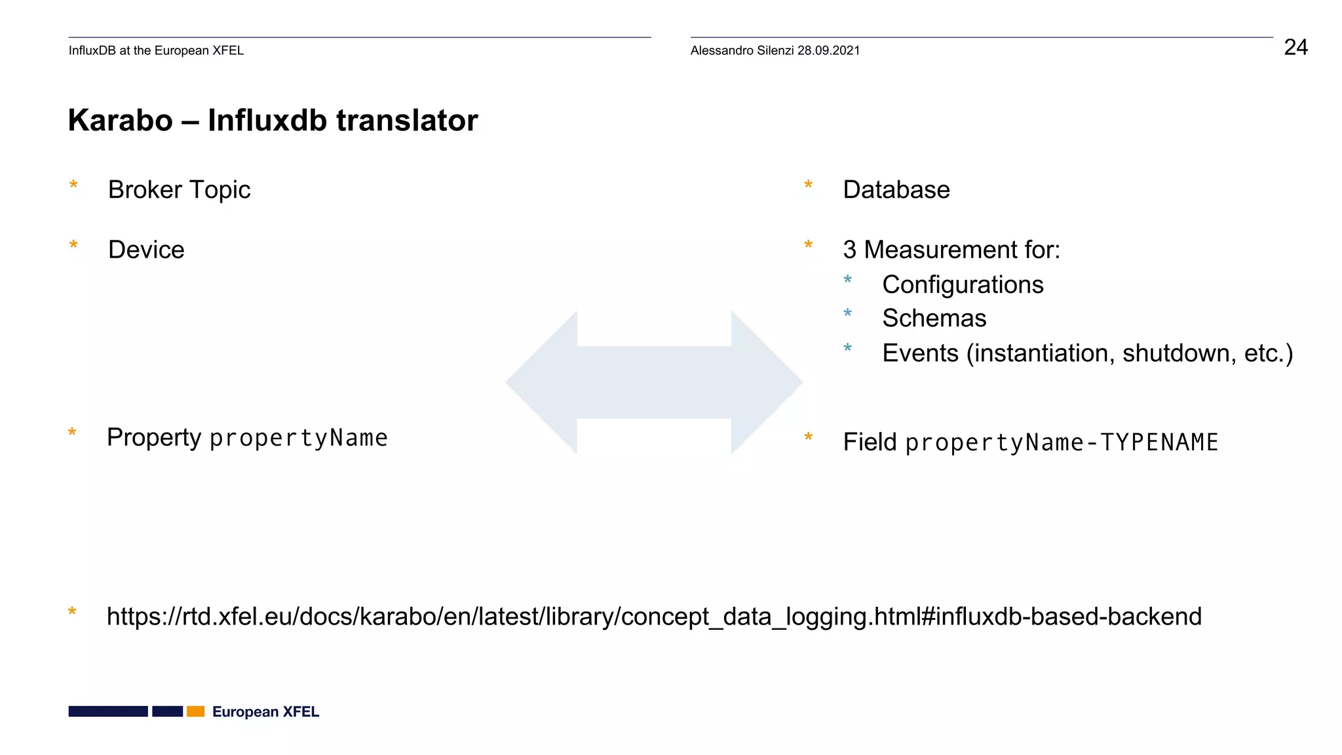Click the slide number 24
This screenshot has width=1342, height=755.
(1295, 47)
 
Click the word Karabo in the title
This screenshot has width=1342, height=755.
(121, 121)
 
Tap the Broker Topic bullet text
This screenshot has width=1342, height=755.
(179, 190)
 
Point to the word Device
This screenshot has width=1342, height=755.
(146, 250)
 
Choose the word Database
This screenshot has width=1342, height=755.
(896, 190)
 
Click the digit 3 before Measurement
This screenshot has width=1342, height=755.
(849, 250)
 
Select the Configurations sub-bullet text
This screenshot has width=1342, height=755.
(963, 285)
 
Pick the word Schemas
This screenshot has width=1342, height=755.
(934, 319)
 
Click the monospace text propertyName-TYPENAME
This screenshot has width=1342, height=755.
(1062, 443)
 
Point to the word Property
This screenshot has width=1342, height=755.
(154, 438)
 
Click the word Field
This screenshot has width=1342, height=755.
(870, 442)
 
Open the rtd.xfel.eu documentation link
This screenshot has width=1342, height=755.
(654, 617)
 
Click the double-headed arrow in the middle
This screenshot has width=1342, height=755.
(654, 383)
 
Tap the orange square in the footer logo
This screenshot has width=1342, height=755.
(196, 712)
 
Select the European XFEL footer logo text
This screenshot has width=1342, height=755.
(265, 712)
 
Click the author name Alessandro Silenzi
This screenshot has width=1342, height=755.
(742, 50)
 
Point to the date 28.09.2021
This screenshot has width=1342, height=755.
(828, 50)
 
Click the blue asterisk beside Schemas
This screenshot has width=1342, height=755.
(847, 314)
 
